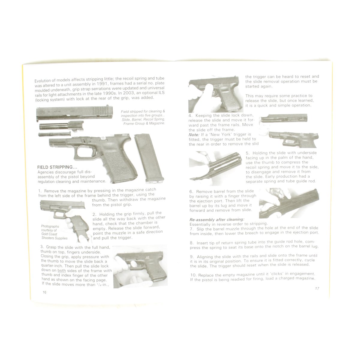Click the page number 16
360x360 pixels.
click(x=44, y=292)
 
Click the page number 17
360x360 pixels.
click(x=317, y=288)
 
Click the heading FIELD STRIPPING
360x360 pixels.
click(x=57, y=167)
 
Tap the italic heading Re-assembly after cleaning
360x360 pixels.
click(x=217, y=220)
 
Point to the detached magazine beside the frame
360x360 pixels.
click(x=149, y=158)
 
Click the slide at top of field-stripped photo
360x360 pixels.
click(x=74, y=113)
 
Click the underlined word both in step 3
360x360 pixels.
click(x=62, y=271)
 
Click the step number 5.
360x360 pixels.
click(x=248, y=153)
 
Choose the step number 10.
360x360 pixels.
click(x=194, y=275)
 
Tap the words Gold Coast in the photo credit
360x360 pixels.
click(x=47, y=234)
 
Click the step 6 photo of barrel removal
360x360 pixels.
click(x=289, y=203)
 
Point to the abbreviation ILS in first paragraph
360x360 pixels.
click(x=161, y=93)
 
